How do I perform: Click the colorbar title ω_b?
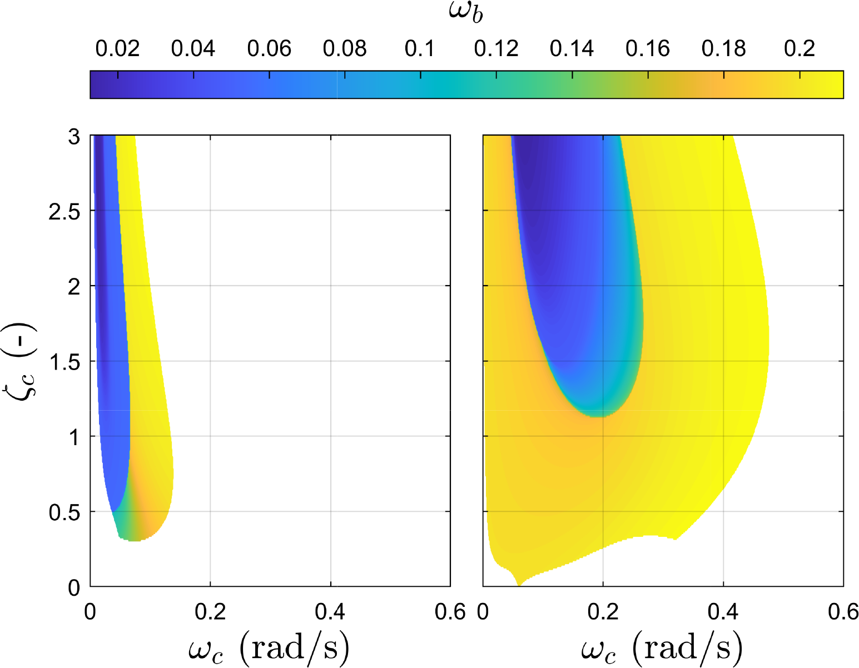(x=466, y=13)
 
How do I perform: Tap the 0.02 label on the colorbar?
(x=117, y=48)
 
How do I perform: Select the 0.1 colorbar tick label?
(x=420, y=48)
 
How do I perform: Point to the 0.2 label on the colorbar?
(x=800, y=48)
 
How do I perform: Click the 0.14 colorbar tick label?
(x=572, y=48)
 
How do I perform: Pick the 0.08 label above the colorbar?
(x=345, y=48)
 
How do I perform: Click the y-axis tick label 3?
(x=74, y=137)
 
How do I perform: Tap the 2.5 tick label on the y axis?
(x=64, y=212)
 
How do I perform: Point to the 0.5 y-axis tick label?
(x=64, y=513)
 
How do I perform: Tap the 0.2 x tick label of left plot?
(x=210, y=612)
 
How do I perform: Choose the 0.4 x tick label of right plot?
(x=723, y=612)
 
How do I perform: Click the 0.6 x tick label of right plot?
(x=843, y=612)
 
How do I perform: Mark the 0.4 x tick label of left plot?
(x=330, y=612)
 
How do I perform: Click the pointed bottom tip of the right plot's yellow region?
(x=519, y=585)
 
